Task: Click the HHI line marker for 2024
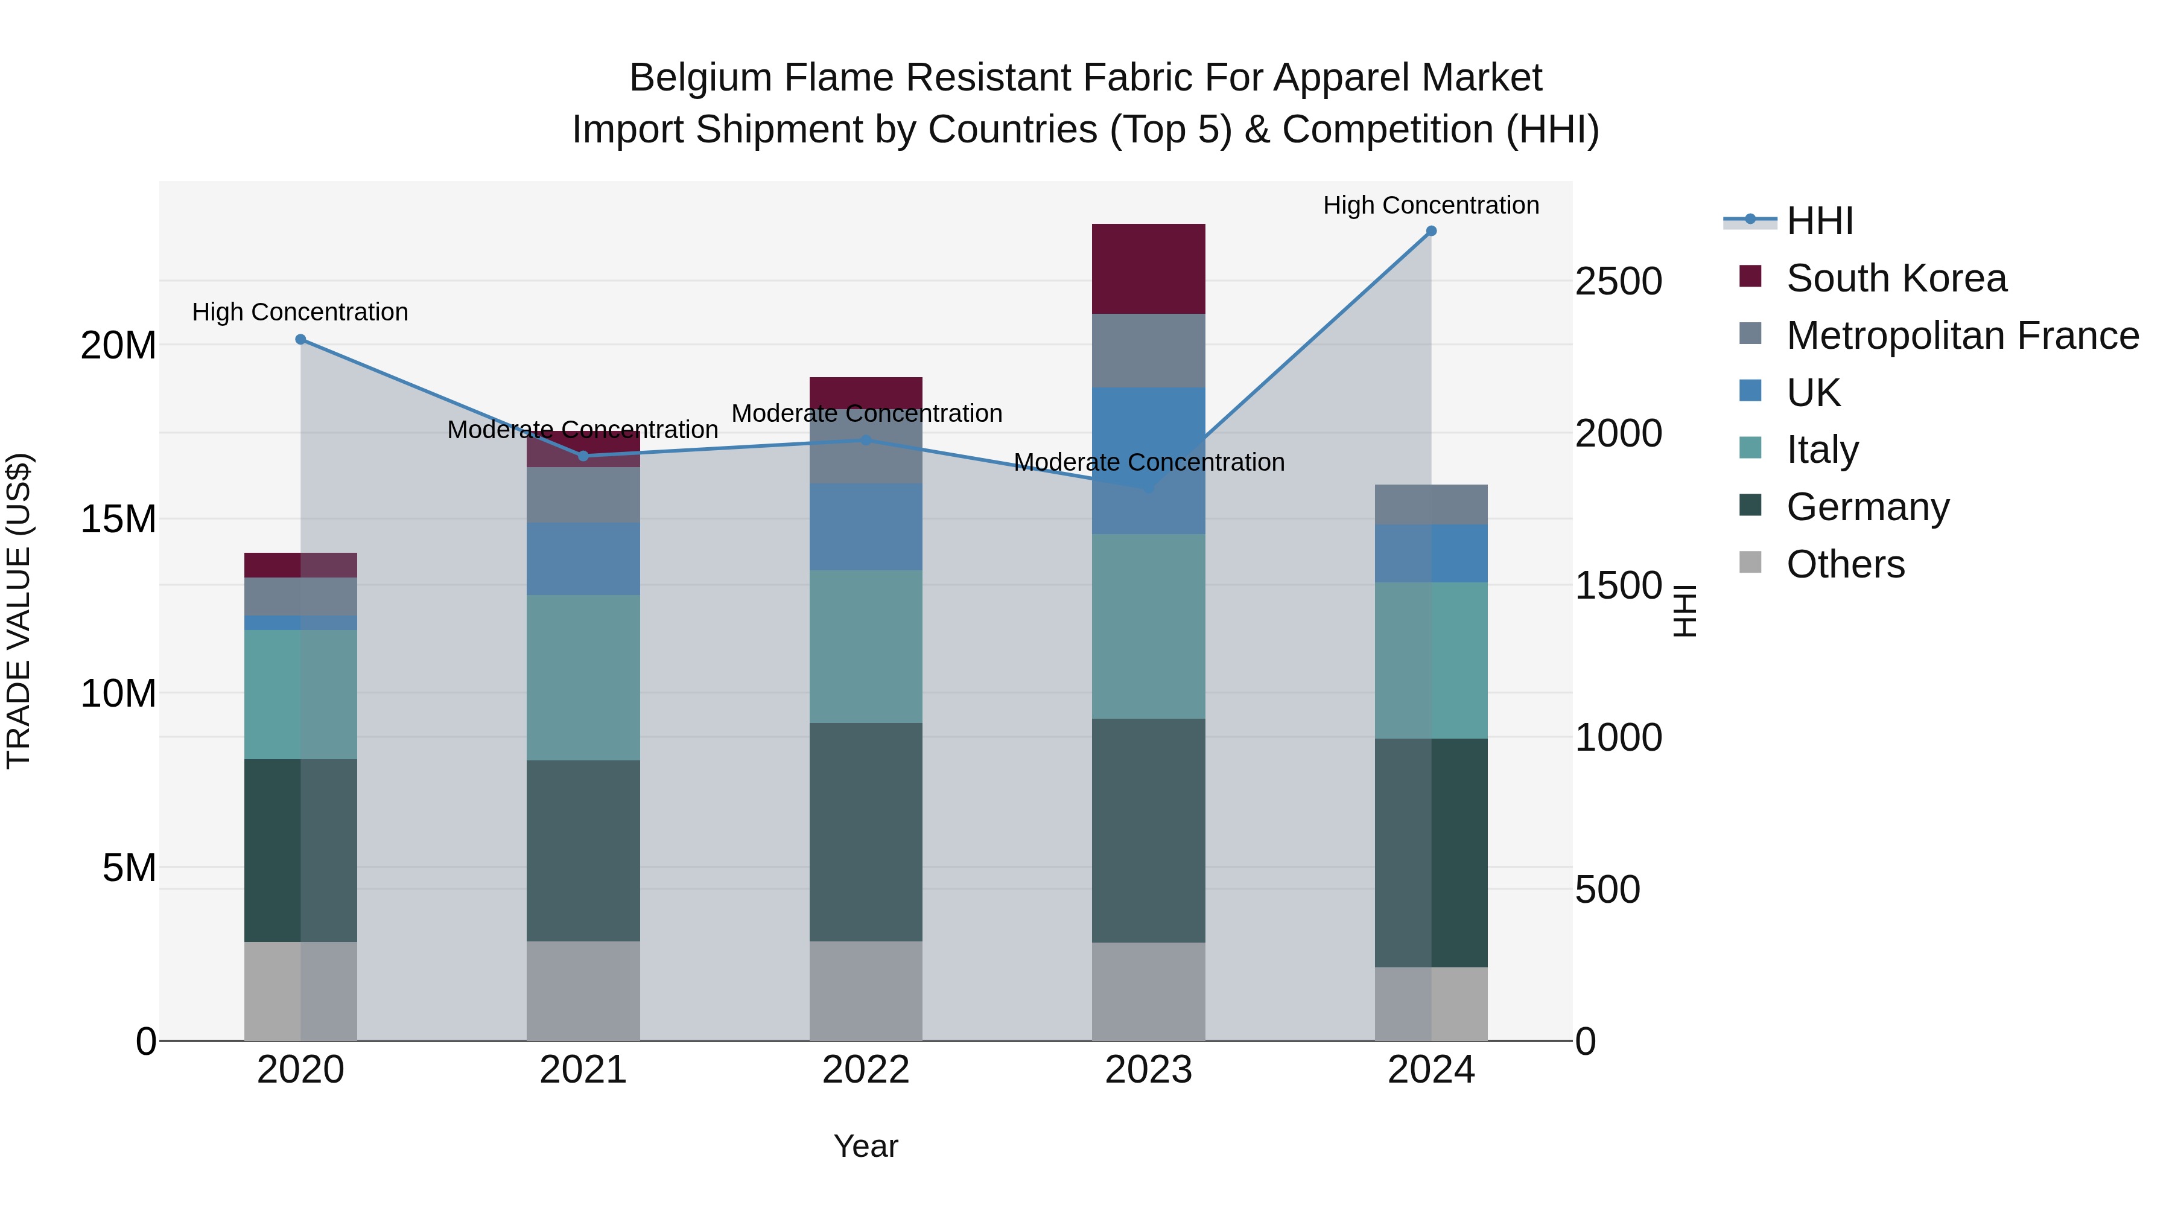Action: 1431,231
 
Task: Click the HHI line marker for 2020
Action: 300,339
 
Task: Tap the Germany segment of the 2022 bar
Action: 866,832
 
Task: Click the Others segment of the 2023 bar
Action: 1148,991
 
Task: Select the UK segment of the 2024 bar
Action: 1431,553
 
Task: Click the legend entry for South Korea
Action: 1896,278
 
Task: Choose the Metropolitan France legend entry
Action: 1962,336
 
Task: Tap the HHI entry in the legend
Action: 1820,221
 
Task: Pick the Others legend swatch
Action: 1750,562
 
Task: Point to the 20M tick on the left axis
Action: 118,345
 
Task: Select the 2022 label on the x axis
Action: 866,1070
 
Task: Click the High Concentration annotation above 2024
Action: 1431,205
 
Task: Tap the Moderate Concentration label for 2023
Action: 1148,462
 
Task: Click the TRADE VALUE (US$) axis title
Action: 19,611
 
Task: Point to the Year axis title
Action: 866,1146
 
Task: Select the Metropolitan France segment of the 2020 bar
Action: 300,596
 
